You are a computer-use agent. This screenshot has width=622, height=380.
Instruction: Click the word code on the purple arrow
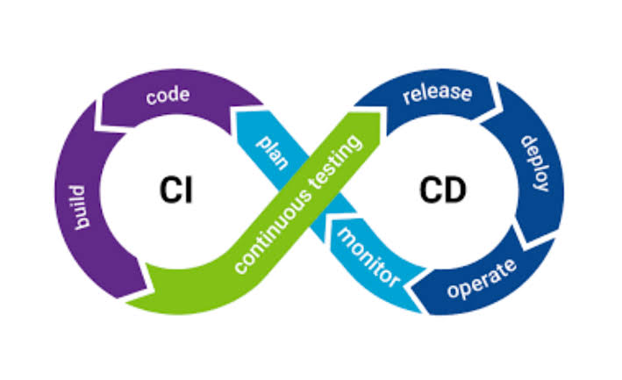(168, 96)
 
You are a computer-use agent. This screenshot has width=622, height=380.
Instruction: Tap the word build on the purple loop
(78, 207)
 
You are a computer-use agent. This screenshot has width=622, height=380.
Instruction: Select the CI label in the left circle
(175, 190)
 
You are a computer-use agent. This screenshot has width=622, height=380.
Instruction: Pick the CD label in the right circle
(443, 190)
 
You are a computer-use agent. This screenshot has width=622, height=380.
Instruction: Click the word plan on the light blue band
(273, 153)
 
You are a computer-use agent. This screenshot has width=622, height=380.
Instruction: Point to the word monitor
(368, 257)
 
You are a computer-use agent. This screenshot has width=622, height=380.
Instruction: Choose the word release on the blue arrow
(437, 93)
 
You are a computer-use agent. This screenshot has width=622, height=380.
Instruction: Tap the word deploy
(535, 164)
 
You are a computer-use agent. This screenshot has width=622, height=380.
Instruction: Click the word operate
(482, 278)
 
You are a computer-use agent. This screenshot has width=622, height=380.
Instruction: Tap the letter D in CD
(455, 190)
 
